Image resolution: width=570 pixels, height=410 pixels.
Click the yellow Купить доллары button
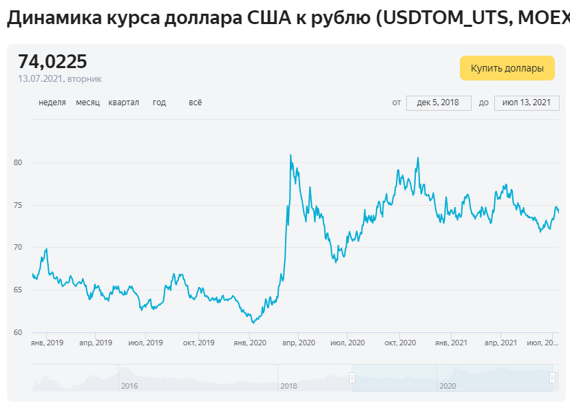click(x=507, y=68)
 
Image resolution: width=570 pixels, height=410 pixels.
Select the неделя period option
click(x=52, y=102)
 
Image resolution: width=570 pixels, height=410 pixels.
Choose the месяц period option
click(x=88, y=102)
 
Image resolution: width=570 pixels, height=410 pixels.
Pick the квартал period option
click(x=124, y=102)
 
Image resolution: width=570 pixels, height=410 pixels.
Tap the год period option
click(x=159, y=102)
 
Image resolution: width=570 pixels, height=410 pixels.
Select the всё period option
click(x=196, y=102)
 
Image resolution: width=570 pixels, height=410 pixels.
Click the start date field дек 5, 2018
click(x=439, y=102)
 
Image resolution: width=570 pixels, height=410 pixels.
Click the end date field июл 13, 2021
click(x=527, y=102)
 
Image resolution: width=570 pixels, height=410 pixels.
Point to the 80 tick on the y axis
click(x=18, y=162)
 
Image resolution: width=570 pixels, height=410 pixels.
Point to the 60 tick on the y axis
click(x=18, y=332)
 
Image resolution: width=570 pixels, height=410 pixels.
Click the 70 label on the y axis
click(x=18, y=248)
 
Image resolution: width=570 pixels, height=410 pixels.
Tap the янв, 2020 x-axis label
click(x=250, y=343)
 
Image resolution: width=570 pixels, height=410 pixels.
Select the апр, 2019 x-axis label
click(x=96, y=343)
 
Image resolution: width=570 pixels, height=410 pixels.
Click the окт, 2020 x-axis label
click(x=400, y=343)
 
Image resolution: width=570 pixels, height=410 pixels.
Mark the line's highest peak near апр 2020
click(x=291, y=155)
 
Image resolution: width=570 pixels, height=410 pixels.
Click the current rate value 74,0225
click(x=53, y=61)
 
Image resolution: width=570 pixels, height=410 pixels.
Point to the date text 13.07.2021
click(x=41, y=79)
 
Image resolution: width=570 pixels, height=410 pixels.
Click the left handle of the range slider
click(x=352, y=378)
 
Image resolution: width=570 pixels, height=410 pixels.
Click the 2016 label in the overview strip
click(x=129, y=386)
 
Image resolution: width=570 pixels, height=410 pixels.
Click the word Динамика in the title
click(x=54, y=17)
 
